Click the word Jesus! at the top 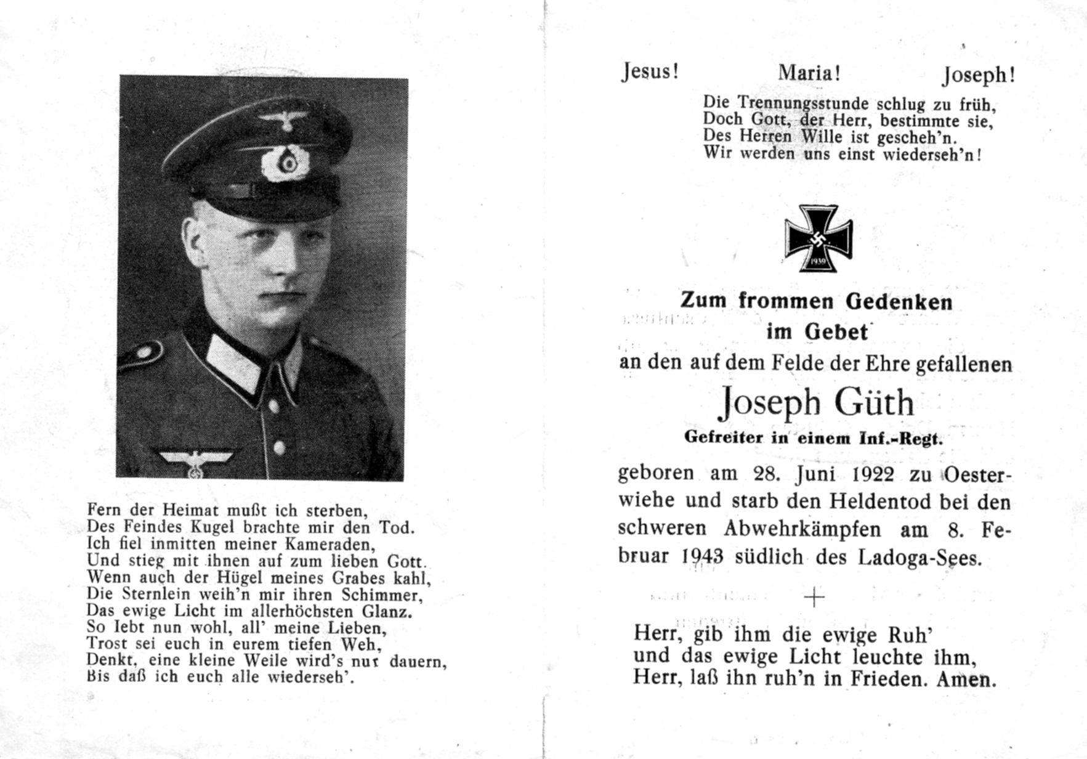649,72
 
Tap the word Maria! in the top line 809,73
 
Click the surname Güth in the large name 874,403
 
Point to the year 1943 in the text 702,556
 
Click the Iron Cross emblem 818,238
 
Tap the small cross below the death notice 814,597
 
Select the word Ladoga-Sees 918,558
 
